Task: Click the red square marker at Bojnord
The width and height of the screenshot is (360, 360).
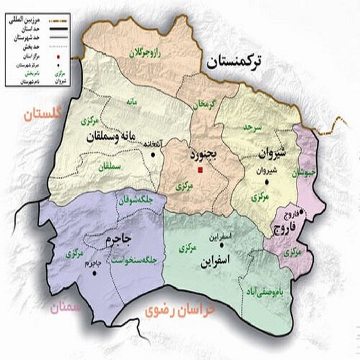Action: (200, 170)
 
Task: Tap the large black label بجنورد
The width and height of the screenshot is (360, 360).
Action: (204, 155)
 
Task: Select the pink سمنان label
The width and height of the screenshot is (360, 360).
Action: (65, 308)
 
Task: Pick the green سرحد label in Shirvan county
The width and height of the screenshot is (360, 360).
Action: (253, 127)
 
